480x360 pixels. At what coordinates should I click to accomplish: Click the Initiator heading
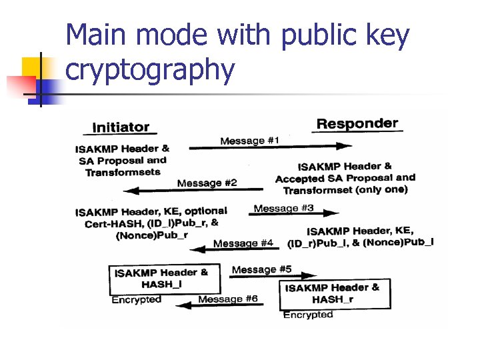(x=121, y=127)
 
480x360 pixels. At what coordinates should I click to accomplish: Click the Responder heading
(x=357, y=124)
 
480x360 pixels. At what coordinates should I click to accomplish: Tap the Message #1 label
(x=250, y=141)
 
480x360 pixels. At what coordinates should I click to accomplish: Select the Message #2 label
(x=207, y=183)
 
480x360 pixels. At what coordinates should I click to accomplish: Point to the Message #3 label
(x=283, y=208)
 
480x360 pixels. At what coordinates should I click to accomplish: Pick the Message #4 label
(x=243, y=243)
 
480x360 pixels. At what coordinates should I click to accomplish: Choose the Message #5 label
(x=261, y=269)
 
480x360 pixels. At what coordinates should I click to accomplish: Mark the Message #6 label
(x=228, y=299)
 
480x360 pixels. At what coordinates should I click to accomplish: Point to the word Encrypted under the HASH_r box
(x=308, y=315)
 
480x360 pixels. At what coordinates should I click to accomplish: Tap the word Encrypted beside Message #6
(x=136, y=300)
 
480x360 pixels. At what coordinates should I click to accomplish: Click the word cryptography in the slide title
(x=150, y=70)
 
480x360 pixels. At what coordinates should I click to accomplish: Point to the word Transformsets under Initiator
(x=123, y=172)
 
